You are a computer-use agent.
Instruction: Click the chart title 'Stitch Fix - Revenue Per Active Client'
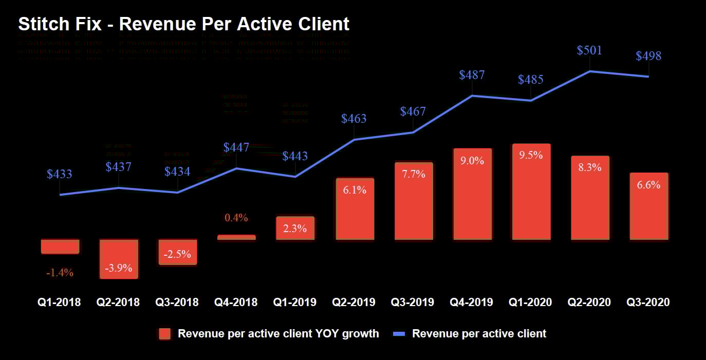[184, 24]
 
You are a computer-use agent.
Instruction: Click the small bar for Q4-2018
[236, 237]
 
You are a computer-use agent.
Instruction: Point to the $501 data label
[589, 50]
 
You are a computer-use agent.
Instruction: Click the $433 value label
[60, 174]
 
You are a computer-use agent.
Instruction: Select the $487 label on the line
[472, 75]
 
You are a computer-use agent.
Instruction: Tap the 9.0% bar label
[472, 161]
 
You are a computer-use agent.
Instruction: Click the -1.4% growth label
[60, 273]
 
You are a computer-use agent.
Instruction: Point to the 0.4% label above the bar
[236, 218]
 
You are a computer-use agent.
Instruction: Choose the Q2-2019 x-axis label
[354, 302]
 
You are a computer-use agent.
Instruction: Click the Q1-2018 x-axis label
[60, 302]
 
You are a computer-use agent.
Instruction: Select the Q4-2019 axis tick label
[472, 302]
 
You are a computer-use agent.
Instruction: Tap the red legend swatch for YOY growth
[165, 334]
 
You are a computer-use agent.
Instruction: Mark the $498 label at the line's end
[648, 56]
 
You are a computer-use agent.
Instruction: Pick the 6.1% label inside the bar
[354, 190]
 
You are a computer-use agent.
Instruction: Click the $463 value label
[354, 119]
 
